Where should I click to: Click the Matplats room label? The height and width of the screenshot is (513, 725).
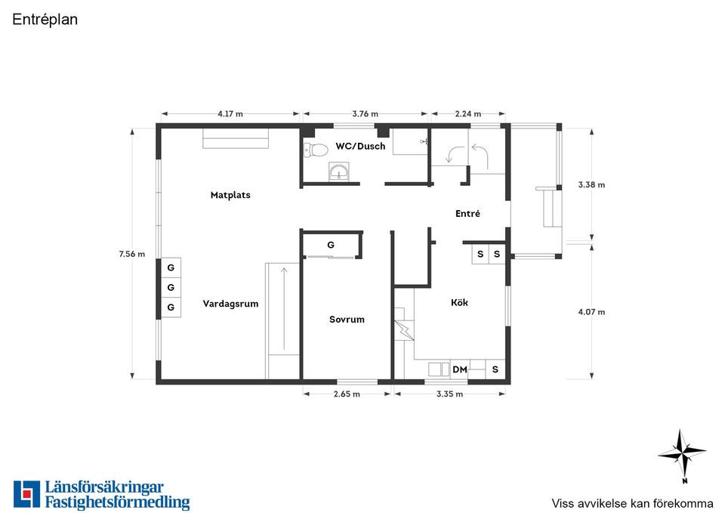[230, 195]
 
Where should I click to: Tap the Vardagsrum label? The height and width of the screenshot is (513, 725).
[230, 304]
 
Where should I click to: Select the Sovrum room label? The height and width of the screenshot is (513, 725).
[347, 319]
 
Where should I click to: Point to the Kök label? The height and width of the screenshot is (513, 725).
[459, 302]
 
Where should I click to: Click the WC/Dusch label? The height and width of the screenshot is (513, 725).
[360, 146]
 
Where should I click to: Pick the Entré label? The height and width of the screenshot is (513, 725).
[467, 213]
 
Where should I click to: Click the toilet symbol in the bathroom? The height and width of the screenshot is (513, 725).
[316, 150]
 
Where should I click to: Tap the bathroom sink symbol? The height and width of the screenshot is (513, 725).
[339, 172]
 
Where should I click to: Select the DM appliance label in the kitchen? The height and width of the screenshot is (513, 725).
[460, 369]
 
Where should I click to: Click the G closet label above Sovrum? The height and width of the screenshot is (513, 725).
[331, 245]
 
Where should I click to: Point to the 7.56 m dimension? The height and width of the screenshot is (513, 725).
[131, 254]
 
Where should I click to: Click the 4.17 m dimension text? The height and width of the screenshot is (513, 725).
[230, 114]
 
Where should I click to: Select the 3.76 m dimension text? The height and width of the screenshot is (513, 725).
[366, 114]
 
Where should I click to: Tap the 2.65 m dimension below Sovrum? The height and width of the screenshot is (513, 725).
[347, 394]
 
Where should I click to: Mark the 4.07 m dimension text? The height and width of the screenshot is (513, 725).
[591, 312]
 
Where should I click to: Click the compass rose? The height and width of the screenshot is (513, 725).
[682, 454]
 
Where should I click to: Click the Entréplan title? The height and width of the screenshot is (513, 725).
[45, 20]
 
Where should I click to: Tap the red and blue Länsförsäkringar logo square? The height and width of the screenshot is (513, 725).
[27, 494]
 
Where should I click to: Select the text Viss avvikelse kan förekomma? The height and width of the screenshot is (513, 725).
[632, 503]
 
